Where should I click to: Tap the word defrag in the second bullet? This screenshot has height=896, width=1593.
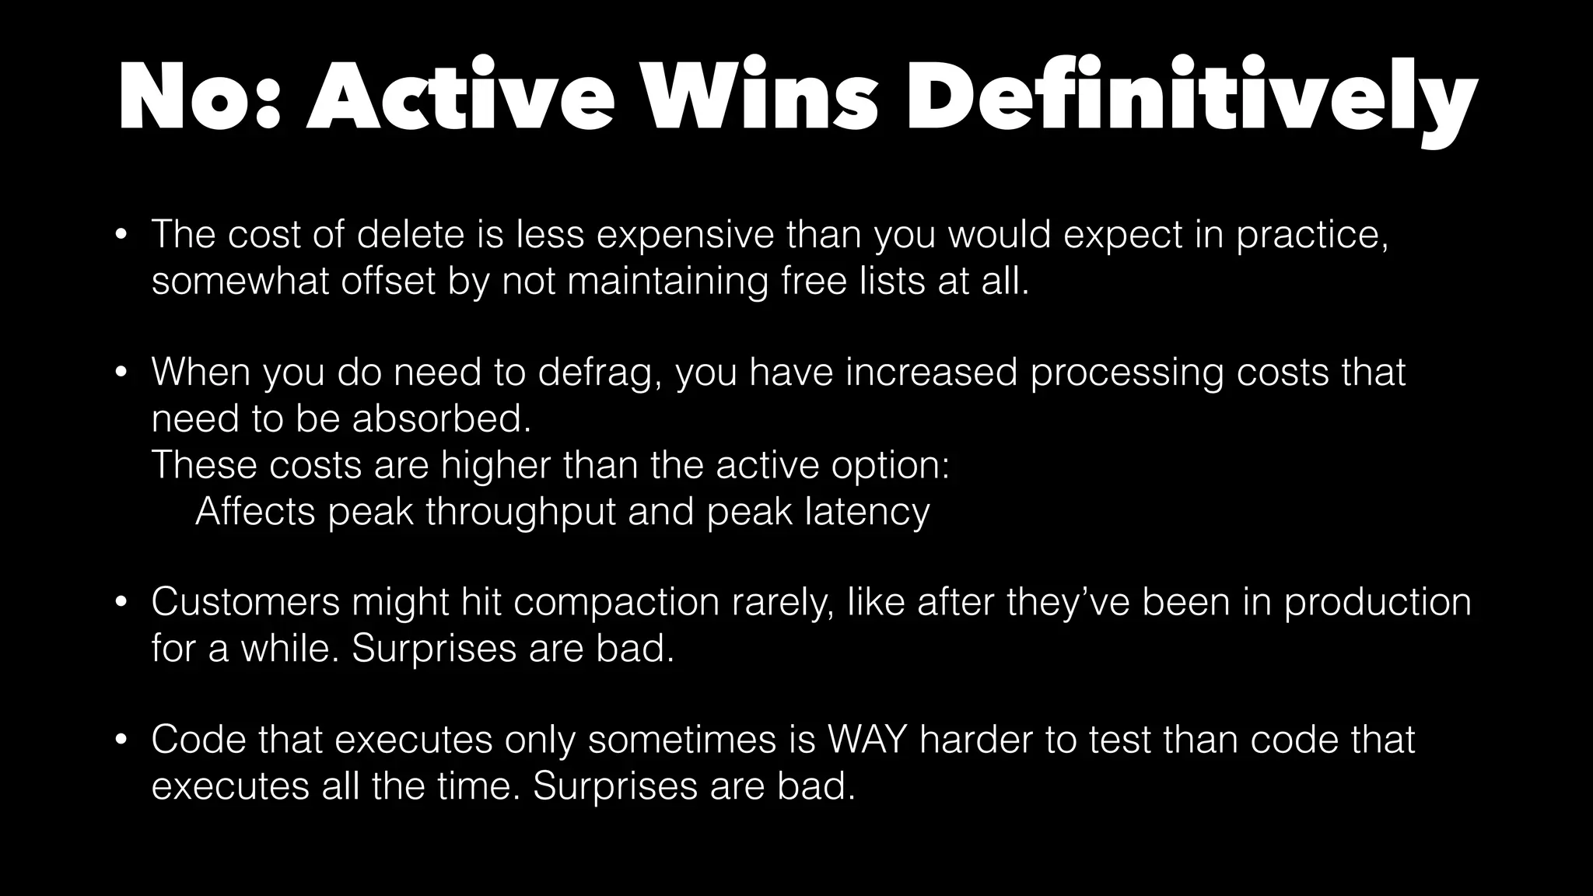click(599, 372)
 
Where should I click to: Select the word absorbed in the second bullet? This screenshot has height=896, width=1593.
click(442, 418)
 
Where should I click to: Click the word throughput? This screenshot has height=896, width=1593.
click(520, 512)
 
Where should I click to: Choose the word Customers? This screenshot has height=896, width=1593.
click(246, 602)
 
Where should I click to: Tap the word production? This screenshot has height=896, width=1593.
click(1378, 602)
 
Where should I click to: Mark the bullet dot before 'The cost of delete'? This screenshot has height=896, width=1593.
click(120, 235)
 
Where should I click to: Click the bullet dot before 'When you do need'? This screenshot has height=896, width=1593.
click(120, 373)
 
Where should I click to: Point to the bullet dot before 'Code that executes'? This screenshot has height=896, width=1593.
click(120, 740)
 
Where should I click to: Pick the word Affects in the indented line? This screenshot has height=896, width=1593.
click(255, 512)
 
